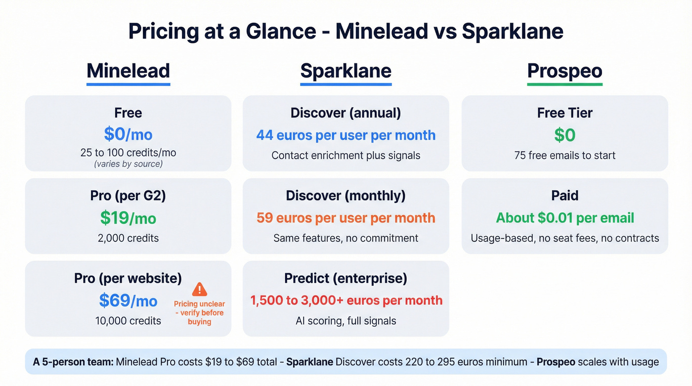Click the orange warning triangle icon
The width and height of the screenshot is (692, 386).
pos(199,289)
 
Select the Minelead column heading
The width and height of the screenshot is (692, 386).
pos(128,71)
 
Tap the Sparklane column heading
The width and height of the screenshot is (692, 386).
pos(346,71)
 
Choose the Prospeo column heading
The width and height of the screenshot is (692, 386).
pos(564,71)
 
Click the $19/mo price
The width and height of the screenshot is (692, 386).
pos(128,217)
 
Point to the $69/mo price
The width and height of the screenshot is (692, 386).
pos(128,300)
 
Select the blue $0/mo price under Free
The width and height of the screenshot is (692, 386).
pos(128,134)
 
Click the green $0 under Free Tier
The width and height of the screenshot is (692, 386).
pos(564,134)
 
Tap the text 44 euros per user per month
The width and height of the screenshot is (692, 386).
pos(346,135)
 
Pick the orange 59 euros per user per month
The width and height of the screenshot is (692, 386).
pos(346,217)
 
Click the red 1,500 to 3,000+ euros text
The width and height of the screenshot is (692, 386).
pos(346,300)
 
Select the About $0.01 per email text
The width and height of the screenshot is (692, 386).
pos(564,217)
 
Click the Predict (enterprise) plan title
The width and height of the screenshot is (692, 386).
pos(346,278)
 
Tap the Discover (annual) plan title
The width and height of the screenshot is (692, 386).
pos(346,113)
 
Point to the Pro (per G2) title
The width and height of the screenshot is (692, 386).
pos(128,196)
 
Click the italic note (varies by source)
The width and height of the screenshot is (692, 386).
pos(128,164)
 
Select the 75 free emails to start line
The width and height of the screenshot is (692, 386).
pos(564,155)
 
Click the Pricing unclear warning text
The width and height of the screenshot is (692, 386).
pos(199,313)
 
